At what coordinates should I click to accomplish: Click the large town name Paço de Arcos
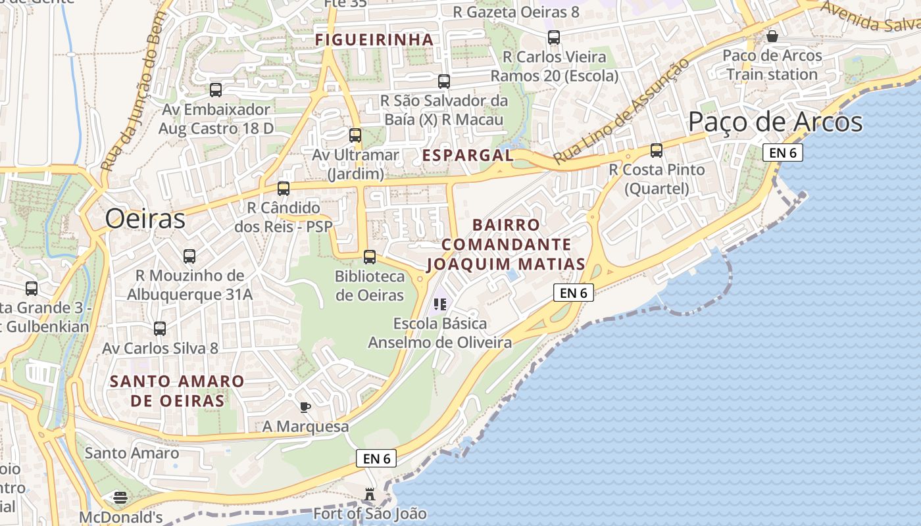775,122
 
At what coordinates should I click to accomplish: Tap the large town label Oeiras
145,219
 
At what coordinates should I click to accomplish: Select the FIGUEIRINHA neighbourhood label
374,40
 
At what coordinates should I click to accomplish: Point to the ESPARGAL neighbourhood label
468,156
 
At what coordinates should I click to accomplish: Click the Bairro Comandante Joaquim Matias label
506,245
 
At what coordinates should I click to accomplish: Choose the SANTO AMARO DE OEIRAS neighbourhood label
177,391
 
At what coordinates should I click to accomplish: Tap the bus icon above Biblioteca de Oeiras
370,257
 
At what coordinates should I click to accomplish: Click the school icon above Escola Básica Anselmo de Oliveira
440,304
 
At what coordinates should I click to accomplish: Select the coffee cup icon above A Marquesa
305,407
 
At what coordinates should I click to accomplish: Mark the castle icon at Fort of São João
370,494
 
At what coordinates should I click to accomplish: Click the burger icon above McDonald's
120,498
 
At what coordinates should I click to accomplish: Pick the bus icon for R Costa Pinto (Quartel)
656,151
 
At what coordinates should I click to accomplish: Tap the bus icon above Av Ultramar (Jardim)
355,135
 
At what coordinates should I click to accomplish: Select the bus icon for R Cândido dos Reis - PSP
284,189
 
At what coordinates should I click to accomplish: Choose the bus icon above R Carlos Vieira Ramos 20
554,37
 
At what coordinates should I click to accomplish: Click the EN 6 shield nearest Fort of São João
377,458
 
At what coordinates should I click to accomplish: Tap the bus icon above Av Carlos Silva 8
160,328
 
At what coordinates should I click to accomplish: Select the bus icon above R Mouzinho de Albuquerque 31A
189,256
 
